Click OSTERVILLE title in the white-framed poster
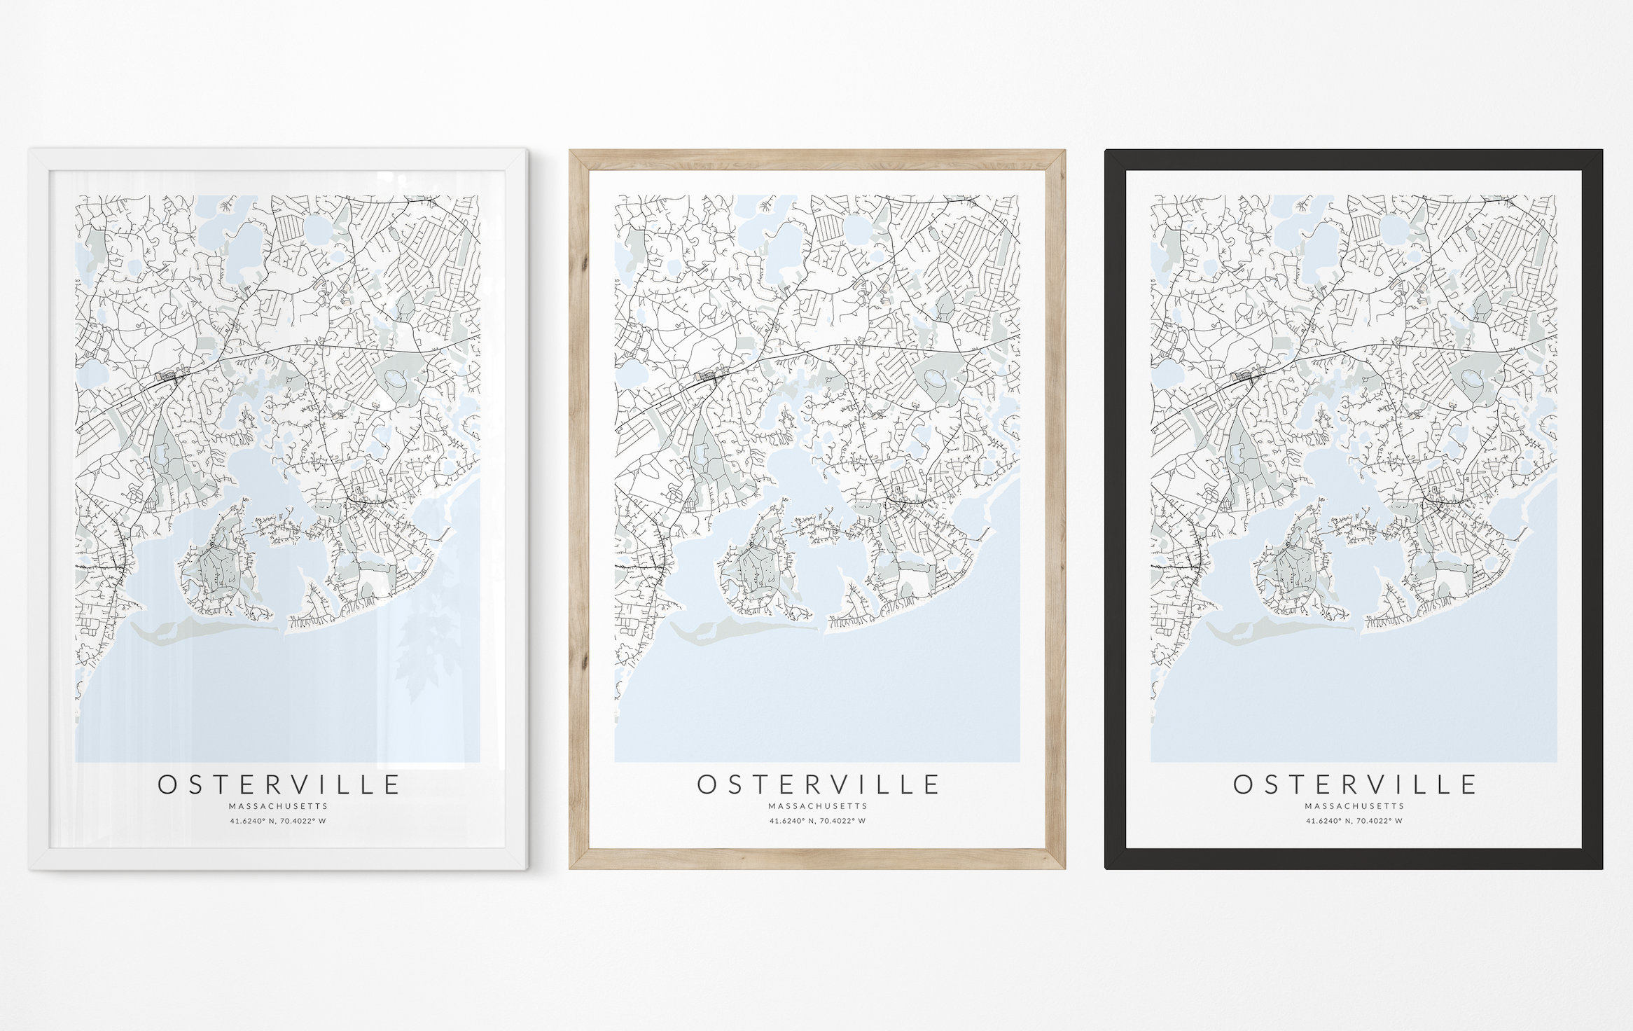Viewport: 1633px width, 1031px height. pos(279,784)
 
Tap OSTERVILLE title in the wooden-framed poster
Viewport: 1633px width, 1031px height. pos(817,784)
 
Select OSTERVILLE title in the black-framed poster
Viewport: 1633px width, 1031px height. pos(1354,784)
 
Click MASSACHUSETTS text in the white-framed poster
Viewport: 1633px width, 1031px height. pos(279,806)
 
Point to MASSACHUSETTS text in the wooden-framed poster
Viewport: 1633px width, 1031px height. pos(817,806)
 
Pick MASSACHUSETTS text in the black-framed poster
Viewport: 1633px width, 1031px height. pos(1354,806)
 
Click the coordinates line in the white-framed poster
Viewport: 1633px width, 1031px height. pos(279,821)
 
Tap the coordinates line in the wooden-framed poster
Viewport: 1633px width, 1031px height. pos(817,821)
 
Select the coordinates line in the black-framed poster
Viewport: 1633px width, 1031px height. pos(1354,821)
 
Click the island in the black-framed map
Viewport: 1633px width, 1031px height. pos(1292,567)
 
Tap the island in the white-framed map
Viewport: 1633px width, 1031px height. pos(217,567)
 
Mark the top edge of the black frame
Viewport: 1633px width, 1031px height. pos(1353,160)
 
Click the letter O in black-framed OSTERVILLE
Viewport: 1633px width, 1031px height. pos(1243,784)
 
